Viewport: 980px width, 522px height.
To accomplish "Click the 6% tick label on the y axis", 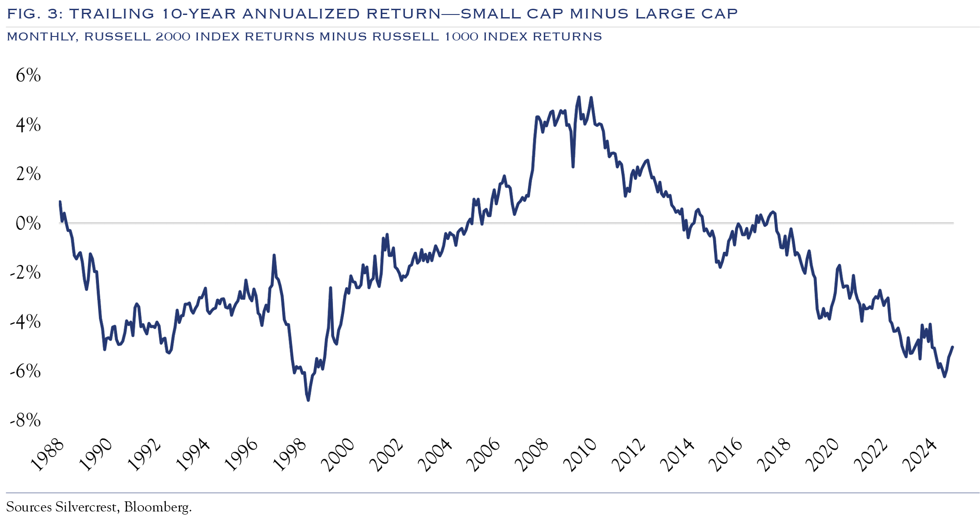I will point(28,76).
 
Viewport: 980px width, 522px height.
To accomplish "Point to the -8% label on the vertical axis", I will point(26,420).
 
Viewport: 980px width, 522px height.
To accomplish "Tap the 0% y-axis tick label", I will point(28,224).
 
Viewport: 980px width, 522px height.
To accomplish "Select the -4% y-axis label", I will point(26,322).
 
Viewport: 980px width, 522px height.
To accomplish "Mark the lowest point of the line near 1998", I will point(308,400).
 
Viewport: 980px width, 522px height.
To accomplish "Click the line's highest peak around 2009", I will point(579,97).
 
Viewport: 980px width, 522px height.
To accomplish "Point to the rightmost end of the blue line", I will point(952,347).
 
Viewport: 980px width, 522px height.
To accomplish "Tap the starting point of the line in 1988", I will point(60,202).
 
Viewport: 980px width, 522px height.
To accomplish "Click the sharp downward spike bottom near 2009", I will point(573,167).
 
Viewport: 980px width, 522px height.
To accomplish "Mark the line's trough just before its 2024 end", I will point(944,377).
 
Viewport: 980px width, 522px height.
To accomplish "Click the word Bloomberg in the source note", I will point(157,507).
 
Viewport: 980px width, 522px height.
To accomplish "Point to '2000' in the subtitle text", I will point(172,36).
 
